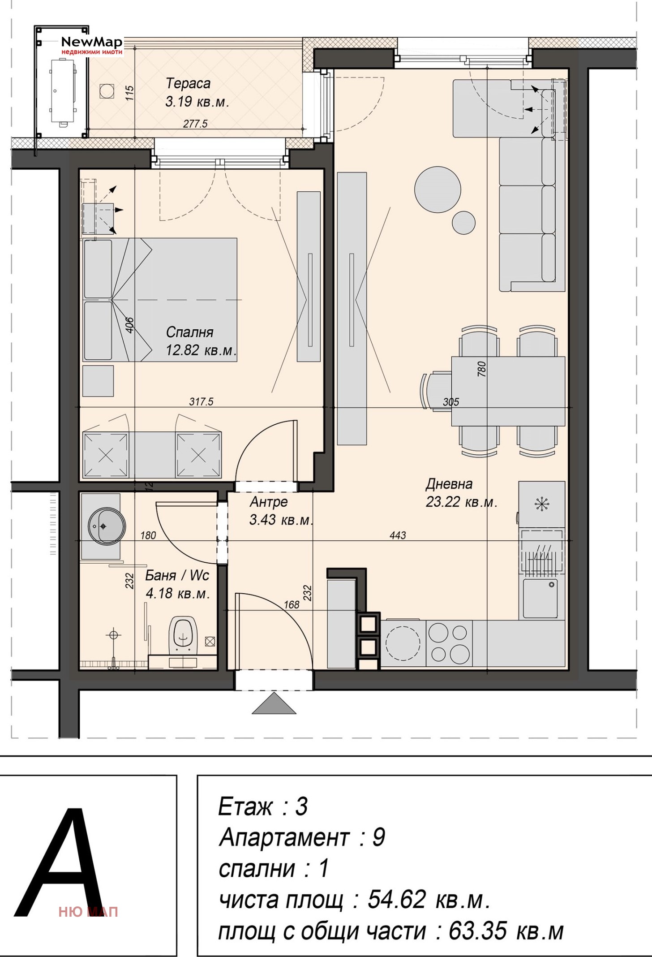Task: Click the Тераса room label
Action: pos(188,83)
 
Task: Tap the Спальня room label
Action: pos(189,332)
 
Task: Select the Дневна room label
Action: pos(449,484)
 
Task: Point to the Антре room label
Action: pos(269,502)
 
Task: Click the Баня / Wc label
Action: pos(177,575)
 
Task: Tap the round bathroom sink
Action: pos(107,526)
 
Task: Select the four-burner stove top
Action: pos(449,643)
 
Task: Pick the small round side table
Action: pos(463,222)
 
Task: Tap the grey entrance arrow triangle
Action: pos(274,703)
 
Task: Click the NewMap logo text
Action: pos(92,43)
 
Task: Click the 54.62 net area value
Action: pos(397,899)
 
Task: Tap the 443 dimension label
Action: pos(398,535)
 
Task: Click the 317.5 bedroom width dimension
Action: pos(201,401)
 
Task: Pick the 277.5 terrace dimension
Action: pos(195,124)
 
